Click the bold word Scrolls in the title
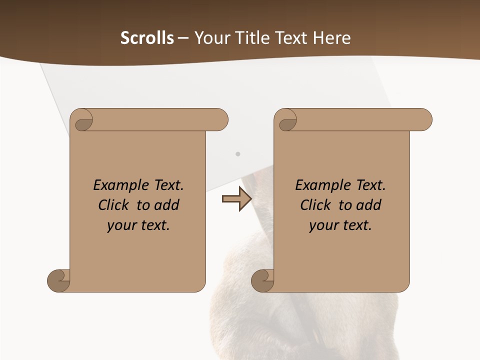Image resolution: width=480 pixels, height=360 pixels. pos(147,38)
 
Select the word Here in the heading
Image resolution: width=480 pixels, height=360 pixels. pos(332,38)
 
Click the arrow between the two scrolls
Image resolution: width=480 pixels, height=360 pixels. pos(236,199)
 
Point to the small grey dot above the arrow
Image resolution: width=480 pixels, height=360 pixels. pos(238,154)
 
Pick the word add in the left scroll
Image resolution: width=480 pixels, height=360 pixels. pos(167,205)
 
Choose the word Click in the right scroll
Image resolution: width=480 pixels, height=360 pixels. pos(315,205)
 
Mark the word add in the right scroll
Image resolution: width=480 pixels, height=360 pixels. pos(369,205)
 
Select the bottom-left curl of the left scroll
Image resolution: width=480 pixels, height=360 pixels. pos(58,280)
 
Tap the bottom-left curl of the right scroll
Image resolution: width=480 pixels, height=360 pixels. pos(262,280)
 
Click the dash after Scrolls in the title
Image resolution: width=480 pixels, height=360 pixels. pos(183,38)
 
